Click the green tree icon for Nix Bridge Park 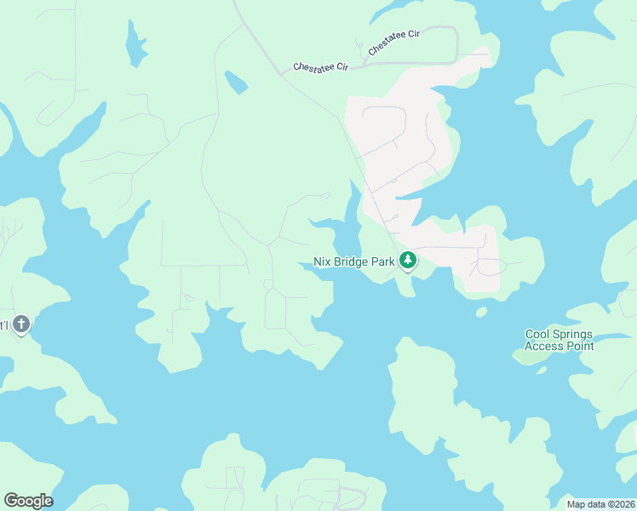(x=408, y=261)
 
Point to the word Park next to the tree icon (x=382, y=262)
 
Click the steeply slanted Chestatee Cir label (x=394, y=44)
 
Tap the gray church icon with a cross (x=22, y=324)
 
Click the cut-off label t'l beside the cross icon (x=3, y=324)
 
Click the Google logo (x=28, y=500)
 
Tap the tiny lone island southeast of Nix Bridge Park (x=481, y=312)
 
